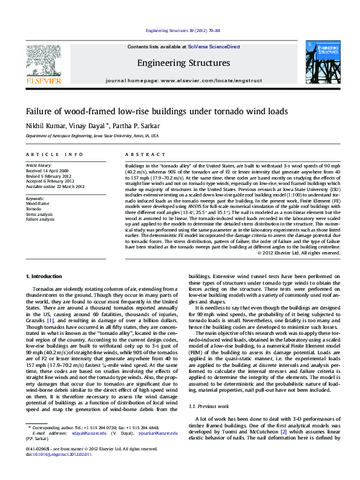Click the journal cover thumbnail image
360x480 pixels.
pos(322,62)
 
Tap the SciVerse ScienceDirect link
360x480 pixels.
pos(214,47)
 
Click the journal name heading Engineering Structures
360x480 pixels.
pos(183,63)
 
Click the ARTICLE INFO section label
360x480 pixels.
pos(54,155)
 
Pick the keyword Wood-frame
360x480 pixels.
pos(37,204)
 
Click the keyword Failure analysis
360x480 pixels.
pos(41,218)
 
